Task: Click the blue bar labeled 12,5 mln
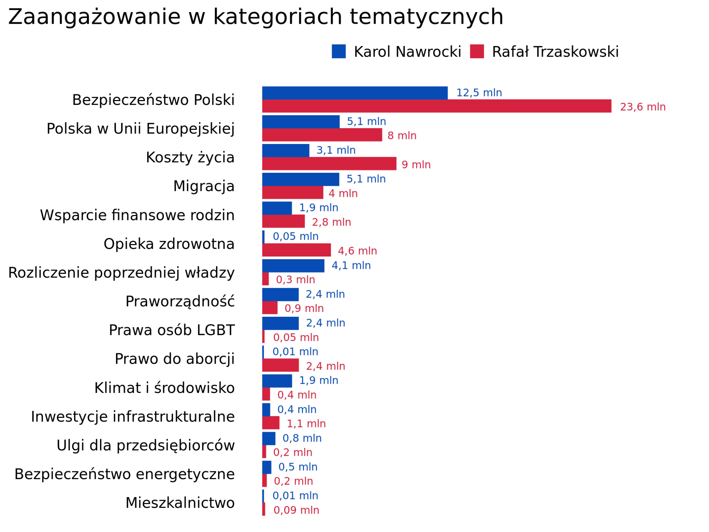[x=355, y=93]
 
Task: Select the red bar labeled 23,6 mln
[x=437, y=106]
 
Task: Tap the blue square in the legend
[x=338, y=51]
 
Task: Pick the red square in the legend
[x=476, y=51]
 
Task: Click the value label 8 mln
[x=402, y=135]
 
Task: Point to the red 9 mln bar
[x=329, y=164]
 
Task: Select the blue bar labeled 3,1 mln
[x=286, y=150]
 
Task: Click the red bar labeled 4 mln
[x=293, y=193]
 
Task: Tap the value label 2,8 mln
[x=331, y=222]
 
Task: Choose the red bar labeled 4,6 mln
[x=297, y=250]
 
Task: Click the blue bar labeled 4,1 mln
[x=293, y=266]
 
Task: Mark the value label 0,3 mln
[x=295, y=280]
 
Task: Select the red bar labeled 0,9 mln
[x=270, y=308]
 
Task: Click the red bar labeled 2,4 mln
[x=280, y=365]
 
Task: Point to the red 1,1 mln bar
[x=271, y=423]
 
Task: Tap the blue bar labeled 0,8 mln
[x=268, y=438]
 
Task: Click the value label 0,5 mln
[x=298, y=467]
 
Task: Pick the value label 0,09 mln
[x=296, y=510]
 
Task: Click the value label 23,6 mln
[x=642, y=107]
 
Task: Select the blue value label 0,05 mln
[x=295, y=237]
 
